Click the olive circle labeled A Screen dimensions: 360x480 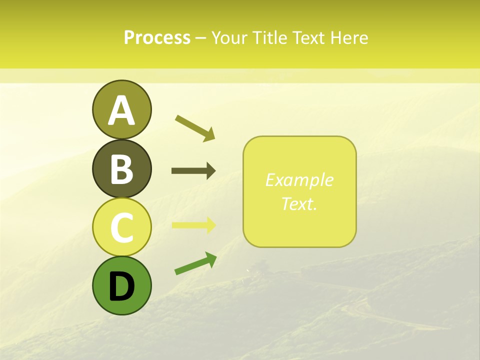(x=121, y=109)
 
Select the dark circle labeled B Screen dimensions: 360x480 (x=121, y=168)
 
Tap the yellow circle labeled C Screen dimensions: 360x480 (x=121, y=227)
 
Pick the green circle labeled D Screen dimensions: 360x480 (x=121, y=285)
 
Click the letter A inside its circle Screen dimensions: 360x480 (x=121, y=110)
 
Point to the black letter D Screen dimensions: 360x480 (x=121, y=286)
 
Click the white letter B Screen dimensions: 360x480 (x=121, y=169)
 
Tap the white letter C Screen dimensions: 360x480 (x=121, y=228)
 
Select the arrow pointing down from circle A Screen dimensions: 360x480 (x=195, y=127)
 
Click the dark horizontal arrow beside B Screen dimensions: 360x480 (x=193, y=171)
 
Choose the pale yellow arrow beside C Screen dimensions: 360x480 (x=193, y=224)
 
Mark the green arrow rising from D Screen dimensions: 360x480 (x=195, y=263)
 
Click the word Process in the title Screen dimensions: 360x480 (x=157, y=37)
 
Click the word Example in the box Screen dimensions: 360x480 (x=299, y=180)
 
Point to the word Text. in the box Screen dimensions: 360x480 (x=299, y=203)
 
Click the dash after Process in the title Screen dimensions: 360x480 (x=200, y=38)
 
